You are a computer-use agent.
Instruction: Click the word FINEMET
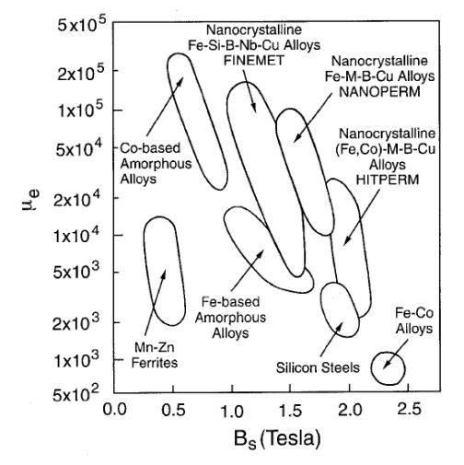point(254,60)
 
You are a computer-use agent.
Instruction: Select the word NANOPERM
point(379,92)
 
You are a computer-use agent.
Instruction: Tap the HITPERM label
point(388,180)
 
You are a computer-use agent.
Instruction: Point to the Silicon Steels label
point(318,367)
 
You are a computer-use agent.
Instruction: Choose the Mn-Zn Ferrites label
point(155,355)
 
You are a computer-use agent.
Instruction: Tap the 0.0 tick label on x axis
point(114,410)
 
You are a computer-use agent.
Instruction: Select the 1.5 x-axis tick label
point(290,410)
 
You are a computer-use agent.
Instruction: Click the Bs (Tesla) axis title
point(277,439)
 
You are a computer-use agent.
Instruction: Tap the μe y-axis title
point(30,200)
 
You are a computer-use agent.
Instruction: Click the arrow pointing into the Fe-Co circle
point(396,354)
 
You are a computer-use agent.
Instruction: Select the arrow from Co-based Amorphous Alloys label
point(165,106)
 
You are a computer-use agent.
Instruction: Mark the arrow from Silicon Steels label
point(331,339)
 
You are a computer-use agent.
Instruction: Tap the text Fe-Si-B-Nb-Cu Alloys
point(254,45)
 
